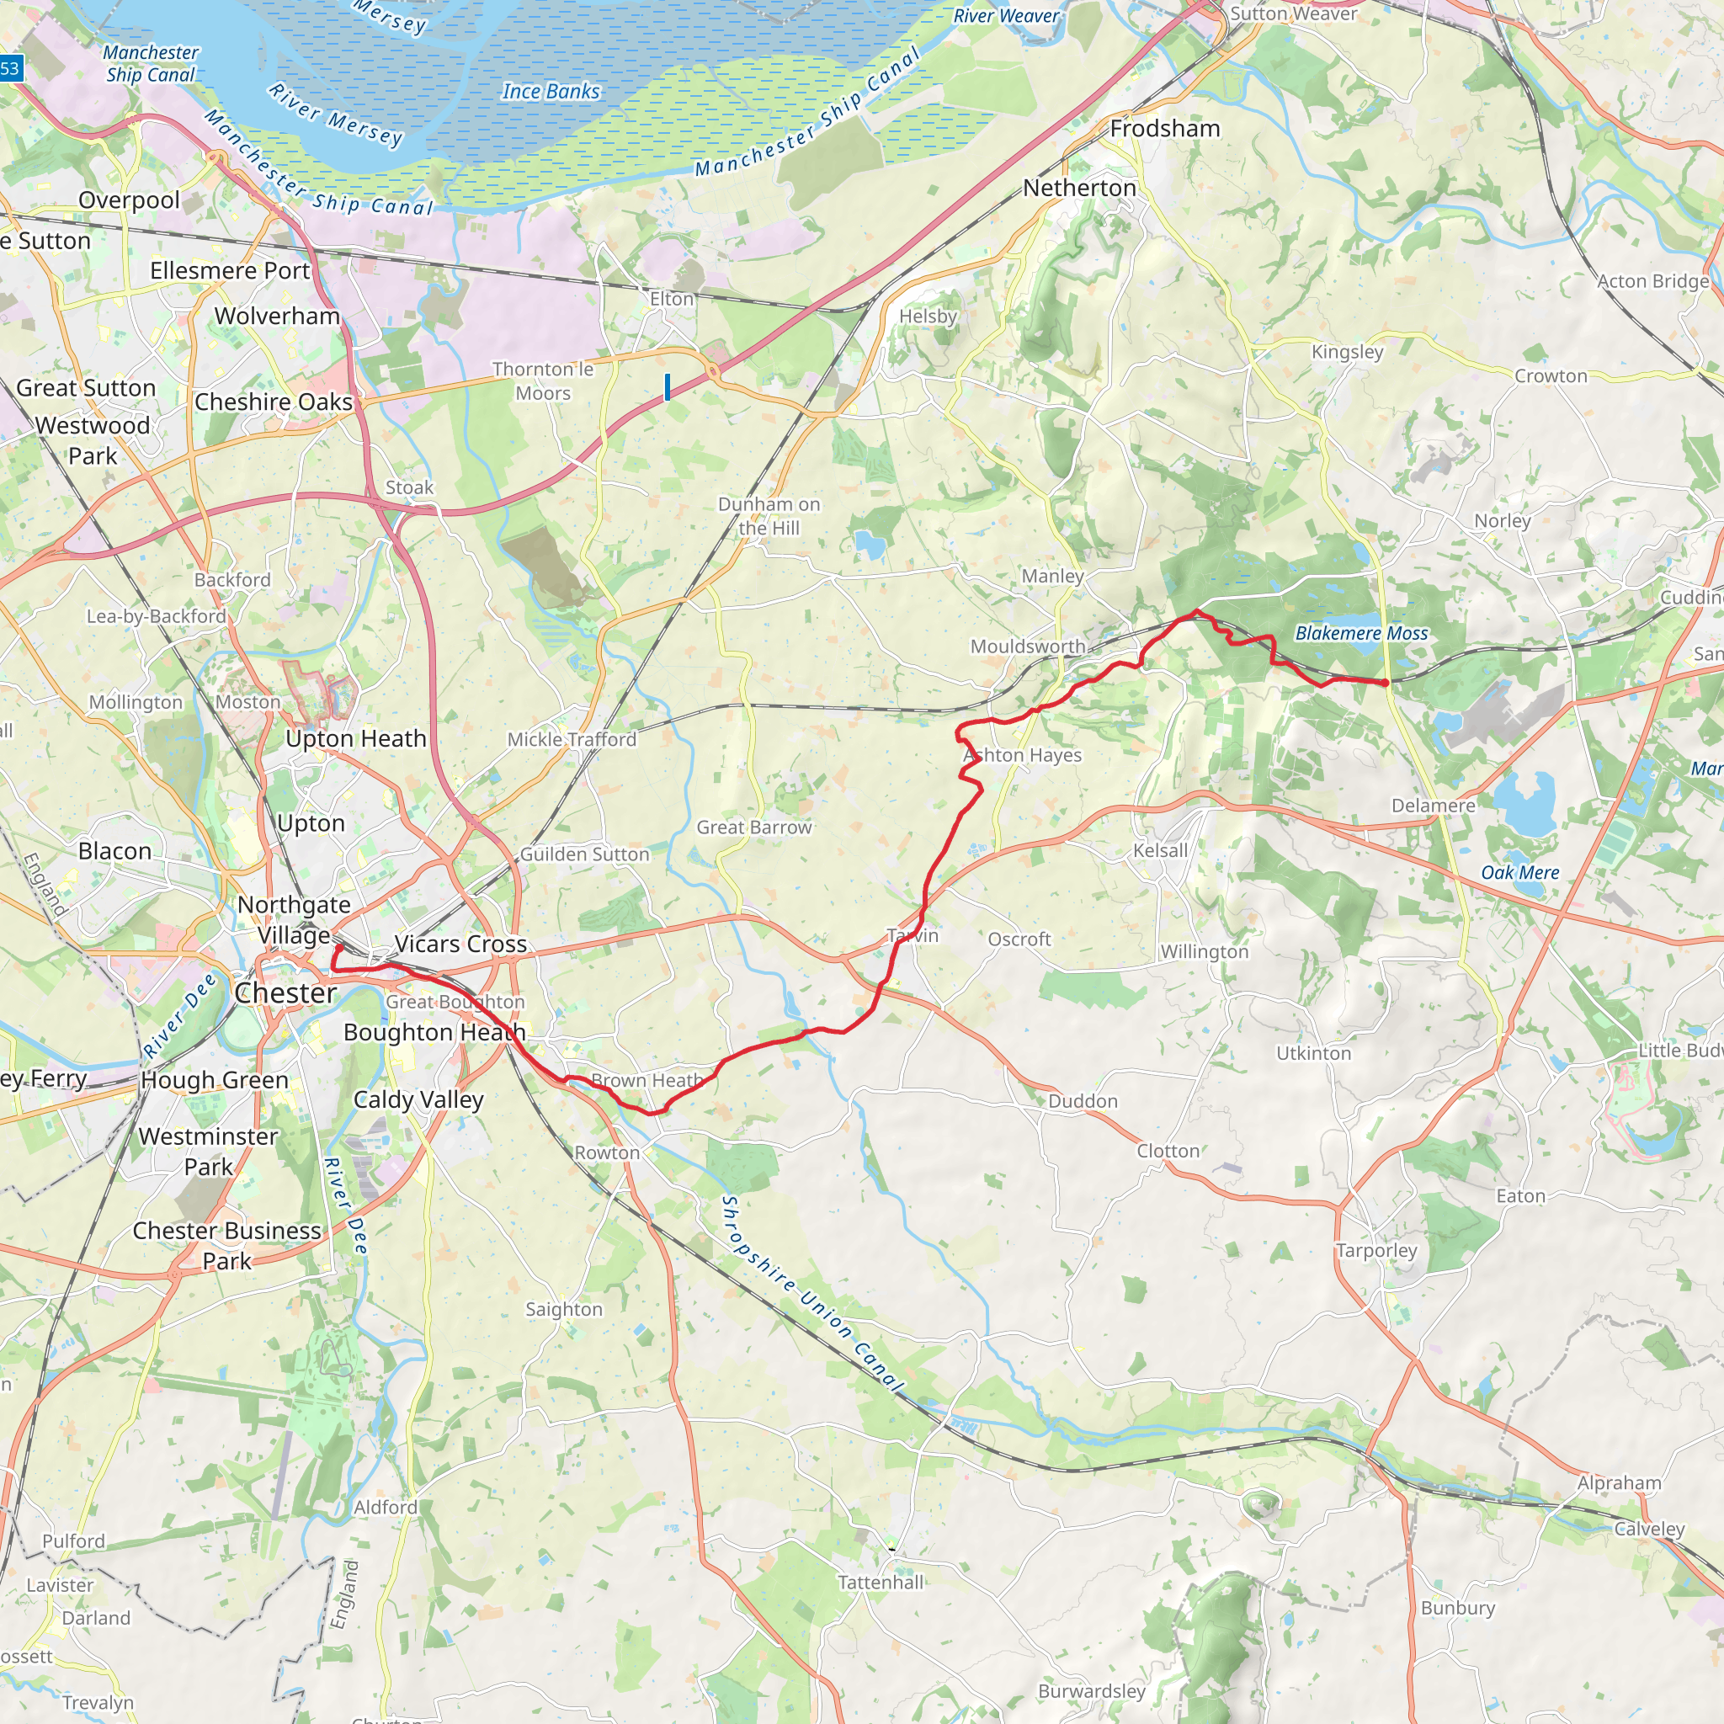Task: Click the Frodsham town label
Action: pos(1164,129)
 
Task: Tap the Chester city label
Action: pos(285,993)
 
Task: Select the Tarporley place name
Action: pos(1376,1250)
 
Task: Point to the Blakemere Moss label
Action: pos(1361,633)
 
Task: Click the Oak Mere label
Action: pos(1519,873)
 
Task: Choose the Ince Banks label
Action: pos(551,91)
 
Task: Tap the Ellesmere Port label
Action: pos(229,270)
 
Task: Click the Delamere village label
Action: pos(1433,806)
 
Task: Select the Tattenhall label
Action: pos(881,1582)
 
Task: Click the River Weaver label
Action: pos(1006,16)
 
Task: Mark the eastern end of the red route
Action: pos(1385,683)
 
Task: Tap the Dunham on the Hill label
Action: pos(769,516)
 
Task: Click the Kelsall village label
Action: pos(1160,850)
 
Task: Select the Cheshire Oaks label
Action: pos(273,402)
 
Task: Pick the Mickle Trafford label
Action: pos(572,739)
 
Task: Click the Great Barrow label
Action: pos(754,827)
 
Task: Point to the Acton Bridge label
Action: pos(1652,281)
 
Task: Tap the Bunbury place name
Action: pos(1457,1608)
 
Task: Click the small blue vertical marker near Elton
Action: pos(667,386)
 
